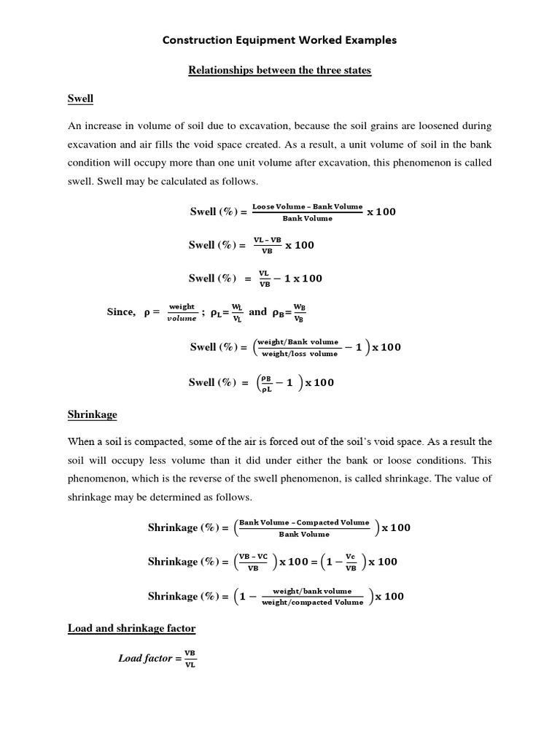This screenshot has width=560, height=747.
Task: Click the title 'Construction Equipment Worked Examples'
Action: coord(279,40)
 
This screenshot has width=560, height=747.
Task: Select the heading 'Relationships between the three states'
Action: coord(280,71)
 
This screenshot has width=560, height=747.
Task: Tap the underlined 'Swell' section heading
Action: coord(80,98)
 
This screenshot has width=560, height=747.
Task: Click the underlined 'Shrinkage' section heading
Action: coord(93,414)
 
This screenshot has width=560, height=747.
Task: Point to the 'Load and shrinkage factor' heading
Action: coord(131,627)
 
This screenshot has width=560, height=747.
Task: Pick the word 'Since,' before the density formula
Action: coord(121,312)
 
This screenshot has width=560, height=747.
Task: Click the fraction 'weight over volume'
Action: coord(182,312)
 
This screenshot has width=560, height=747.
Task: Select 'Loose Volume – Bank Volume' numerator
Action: coord(307,206)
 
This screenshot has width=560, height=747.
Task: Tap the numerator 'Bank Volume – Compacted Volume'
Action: coord(304,522)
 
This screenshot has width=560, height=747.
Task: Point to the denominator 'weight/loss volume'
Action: coord(300,353)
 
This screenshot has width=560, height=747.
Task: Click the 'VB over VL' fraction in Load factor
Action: coord(190,658)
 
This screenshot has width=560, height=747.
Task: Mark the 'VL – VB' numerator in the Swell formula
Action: coord(266,240)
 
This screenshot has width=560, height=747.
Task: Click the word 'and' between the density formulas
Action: coord(258,312)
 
